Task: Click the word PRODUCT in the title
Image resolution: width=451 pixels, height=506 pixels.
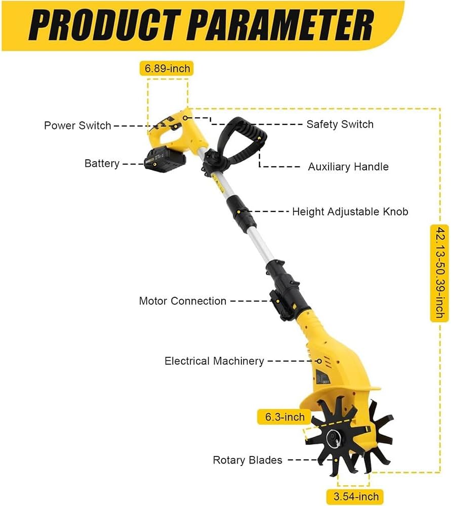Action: click(105, 25)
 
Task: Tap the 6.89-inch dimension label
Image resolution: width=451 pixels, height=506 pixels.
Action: click(167, 68)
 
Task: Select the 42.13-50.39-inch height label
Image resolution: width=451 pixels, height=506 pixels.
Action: click(440, 273)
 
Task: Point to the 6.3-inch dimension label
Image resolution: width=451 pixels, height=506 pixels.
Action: click(284, 417)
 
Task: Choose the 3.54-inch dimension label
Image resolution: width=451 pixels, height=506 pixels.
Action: click(356, 496)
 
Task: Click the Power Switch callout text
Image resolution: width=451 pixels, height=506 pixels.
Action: click(77, 125)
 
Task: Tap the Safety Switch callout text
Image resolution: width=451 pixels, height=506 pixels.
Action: click(340, 124)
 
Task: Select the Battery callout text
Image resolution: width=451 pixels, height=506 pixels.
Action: click(102, 163)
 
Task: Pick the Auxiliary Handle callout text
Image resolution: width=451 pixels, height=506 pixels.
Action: click(348, 166)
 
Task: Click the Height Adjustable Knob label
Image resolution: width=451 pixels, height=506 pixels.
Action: click(350, 211)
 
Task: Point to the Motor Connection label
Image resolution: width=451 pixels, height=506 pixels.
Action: click(183, 301)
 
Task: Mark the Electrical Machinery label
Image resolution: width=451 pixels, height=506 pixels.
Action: click(214, 361)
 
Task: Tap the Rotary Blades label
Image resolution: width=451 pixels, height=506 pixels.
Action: click(248, 460)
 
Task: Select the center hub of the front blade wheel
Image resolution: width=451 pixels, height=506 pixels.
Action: click(333, 438)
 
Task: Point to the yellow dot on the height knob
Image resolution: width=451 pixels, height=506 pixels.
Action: click(238, 212)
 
